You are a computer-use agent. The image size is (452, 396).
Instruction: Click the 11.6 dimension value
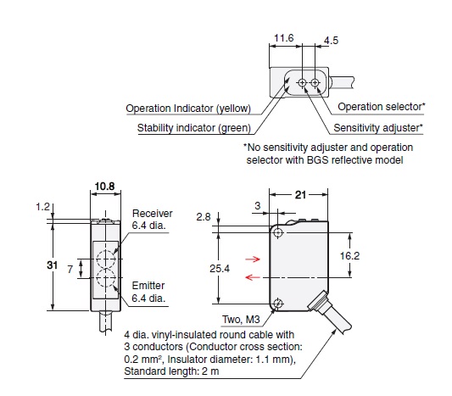[x=283, y=38]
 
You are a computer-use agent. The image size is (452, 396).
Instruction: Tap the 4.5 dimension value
[x=331, y=41]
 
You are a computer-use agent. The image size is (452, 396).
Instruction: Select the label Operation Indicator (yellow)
[x=188, y=109]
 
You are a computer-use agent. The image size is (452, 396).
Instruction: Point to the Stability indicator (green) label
[x=194, y=128]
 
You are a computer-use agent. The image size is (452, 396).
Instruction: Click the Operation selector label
[x=381, y=107]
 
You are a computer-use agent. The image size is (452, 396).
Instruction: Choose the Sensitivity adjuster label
[x=378, y=128]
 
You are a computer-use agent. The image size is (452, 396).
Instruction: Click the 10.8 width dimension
[x=104, y=187]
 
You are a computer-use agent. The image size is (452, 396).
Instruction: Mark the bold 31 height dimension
[x=53, y=265]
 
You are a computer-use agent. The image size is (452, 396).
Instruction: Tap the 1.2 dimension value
[x=42, y=207]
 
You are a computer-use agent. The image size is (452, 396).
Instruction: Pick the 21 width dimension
[x=300, y=195]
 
